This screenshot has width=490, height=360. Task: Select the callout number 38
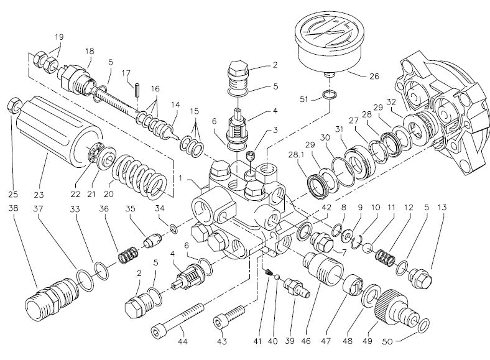pos(14,208)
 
